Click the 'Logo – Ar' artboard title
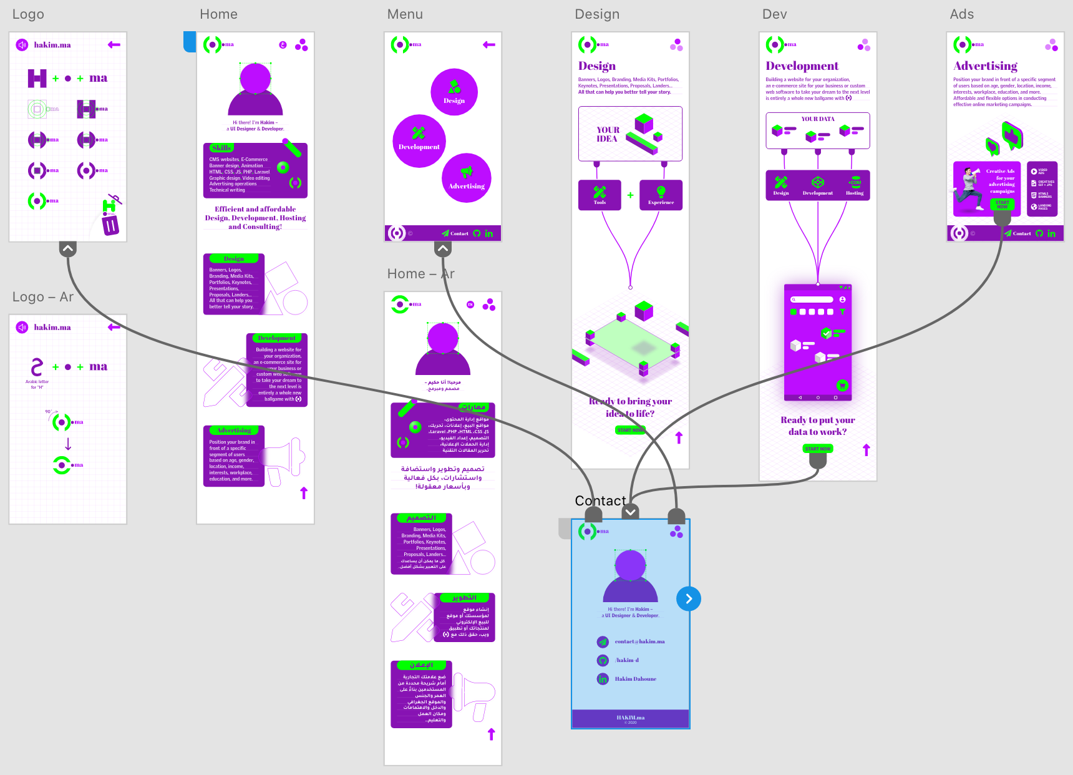tap(43, 297)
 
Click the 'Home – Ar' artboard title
tap(420, 274)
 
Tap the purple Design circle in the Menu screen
tap(454, 92)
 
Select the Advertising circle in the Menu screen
tap(467, 178)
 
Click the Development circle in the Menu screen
tap(419, 141)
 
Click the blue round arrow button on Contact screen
tap(689, 599)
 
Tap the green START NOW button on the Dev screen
tap(817, 449)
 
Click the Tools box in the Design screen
tap(600, 195)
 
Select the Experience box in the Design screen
tap(661, 195)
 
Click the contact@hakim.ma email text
tap(639, 641)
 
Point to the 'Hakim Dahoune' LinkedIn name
tap(635, 679)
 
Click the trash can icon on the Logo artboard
tap(110, 224)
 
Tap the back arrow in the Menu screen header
tap(489, 45)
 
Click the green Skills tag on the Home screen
tap(221, 148)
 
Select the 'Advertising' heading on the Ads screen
tap(985, 66)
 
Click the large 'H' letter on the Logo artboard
tap(37, 79)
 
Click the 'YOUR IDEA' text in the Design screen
tap(607, 135)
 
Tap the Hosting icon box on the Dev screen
tap(855, 185)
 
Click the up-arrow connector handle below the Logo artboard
tap(68, 249)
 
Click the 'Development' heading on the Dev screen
tap(802, 66)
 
